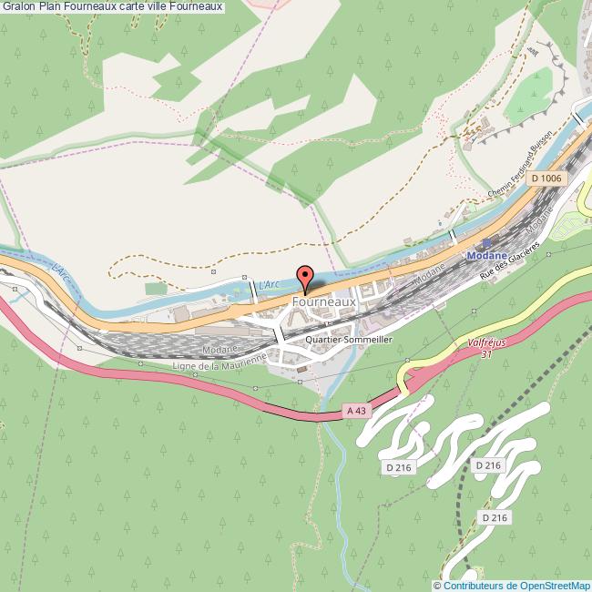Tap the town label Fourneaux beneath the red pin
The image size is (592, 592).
click(324, 301)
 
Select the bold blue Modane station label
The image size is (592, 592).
click(485, 257)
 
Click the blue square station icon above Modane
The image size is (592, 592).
click(485, 243)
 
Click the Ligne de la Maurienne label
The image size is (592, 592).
click(219, 362)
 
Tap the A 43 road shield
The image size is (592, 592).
click(356, 412)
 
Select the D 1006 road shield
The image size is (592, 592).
click(545, 179)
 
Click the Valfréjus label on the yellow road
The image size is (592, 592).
click(486, 343)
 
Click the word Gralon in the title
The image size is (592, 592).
click(19, 7)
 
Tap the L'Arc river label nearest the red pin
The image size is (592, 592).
click(270, 285)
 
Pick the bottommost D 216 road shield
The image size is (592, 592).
click(495, 517)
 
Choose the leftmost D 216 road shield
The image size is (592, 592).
click(398, 467)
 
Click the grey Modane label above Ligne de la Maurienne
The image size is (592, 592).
click(221, 348)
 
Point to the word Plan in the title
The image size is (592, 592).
click(51, 7)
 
